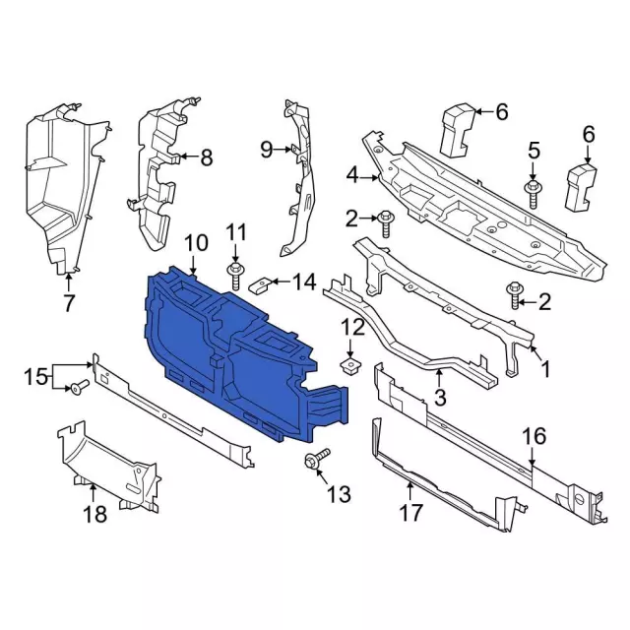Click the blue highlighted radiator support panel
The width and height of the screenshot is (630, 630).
point(241,353)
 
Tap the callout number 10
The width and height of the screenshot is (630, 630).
point(197,243)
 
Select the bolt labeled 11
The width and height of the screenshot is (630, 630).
point(235,276)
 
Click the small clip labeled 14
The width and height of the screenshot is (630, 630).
point(261,284)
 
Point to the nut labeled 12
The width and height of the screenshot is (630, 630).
point(350,365)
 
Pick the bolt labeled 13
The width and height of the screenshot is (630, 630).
point(317,460)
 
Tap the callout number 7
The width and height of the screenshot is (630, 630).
point(69,303)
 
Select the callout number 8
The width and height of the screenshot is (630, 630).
point(206,157)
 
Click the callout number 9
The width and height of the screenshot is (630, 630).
point(267,150)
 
